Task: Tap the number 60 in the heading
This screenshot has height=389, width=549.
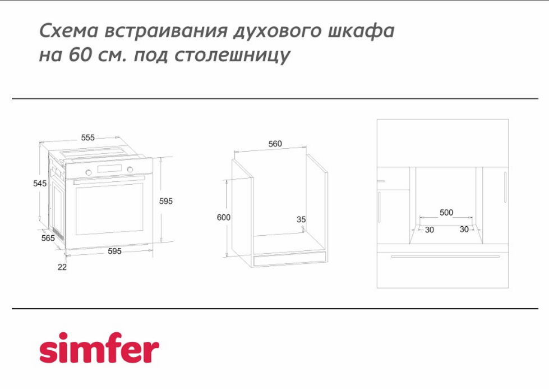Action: tap(79, 54)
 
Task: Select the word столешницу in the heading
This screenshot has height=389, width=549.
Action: tap(232, 56)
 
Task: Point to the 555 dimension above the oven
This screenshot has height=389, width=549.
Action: tap(88, 138)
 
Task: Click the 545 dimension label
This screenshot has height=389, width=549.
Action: tap(40, 184)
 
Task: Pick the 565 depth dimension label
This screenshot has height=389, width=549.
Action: tap(48, 238)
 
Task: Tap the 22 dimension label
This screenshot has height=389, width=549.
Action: tap(62, 267)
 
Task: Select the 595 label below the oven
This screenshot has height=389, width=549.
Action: tap(114, 251)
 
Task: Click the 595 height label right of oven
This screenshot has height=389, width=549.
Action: tap(166, 201)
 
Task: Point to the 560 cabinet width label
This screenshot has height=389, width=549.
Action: tap(275, 144)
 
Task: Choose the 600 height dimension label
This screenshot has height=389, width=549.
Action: tap(224, 217)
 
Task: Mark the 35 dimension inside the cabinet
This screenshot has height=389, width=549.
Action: tap(301, 219)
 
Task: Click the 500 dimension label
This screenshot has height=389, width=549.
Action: tap(446, 212)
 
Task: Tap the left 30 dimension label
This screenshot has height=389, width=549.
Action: tap(430, 230)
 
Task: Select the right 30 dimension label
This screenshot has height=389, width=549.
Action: tap(464, 229)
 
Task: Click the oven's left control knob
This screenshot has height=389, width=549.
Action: tap(89, 172)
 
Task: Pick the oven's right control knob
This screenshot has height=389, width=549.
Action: tap(130, 170)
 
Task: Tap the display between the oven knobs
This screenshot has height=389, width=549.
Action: tap(109, 169)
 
